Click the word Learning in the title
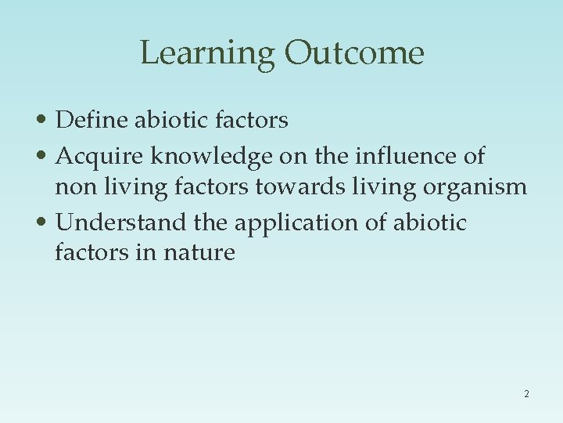click(x=207, y=53)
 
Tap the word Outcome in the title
click(x=354, y=53)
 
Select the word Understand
click(x=121, y=222)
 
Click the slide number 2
click(x=526, y=394)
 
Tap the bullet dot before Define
click(x=46, y=121)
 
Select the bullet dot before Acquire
click(x=46, y=157)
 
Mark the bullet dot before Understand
click(x=46, y=223)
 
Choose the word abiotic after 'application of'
click(x=429, y=222)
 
